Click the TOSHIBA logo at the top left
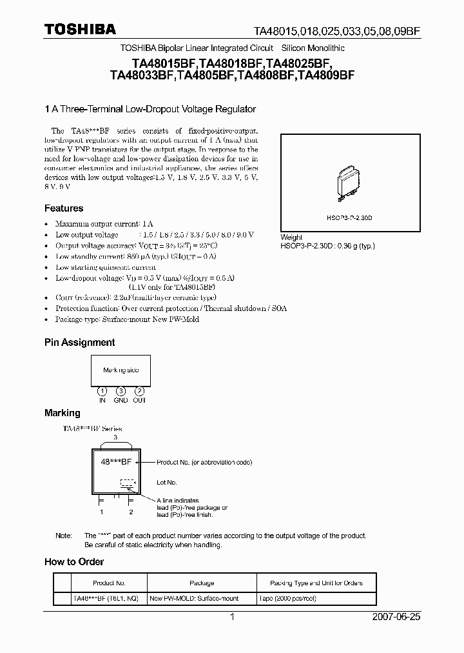(x=80, y=30)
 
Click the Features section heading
(x=63, y=208)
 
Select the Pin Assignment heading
(x=79, y=343)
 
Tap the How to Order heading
(x=73, y=562)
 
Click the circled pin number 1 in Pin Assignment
(x=102, y=392)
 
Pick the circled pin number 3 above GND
(x=121, y=392)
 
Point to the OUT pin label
(x=140, y=400)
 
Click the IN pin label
(x=102, y=400)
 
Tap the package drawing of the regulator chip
(x=349, y=185)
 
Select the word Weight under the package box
(x=291, y=237)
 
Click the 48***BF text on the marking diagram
(x=117, y=463)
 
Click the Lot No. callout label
(x=167, y=482)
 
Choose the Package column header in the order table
(x=202, y=583)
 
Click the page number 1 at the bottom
(x=232, y=617)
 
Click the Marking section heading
(x=62, y=413)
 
